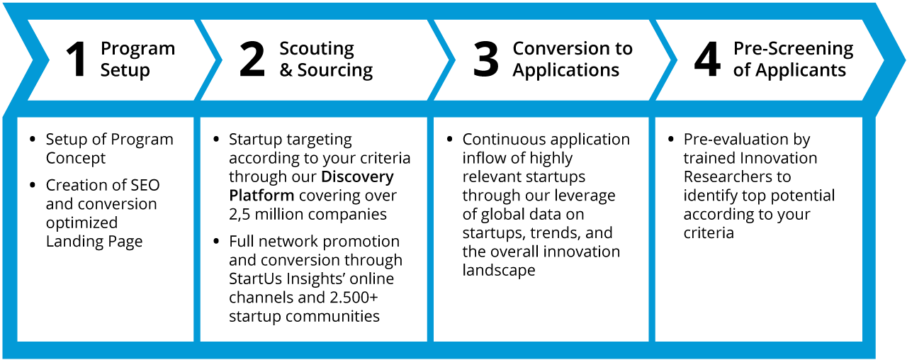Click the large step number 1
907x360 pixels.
click(77, 59)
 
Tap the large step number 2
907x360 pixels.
click(252, 59)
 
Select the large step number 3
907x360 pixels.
click(485, 59)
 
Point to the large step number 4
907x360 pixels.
click(707, 59)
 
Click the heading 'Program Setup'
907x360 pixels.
click(137, 59)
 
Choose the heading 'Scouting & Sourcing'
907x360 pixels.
click(326, 59)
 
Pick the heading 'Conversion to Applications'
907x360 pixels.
click(573, 59)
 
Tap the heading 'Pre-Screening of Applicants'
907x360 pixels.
click(793, 59)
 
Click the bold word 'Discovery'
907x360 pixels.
click(358, 177)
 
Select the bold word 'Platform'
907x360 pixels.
click(261, 196)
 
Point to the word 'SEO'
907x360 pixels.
click(145, 185)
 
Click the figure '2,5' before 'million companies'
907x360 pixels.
click(240, 215)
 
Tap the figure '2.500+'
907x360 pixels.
click(354, 297)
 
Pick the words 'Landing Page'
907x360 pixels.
click(94, 242)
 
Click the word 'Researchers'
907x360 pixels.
click(737, 177)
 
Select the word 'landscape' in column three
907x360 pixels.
click(499, 270)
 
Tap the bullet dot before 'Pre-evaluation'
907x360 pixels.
click(671, 140)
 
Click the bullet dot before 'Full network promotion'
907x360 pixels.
click(216, 242)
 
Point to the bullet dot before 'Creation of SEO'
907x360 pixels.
click(33, 185)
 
